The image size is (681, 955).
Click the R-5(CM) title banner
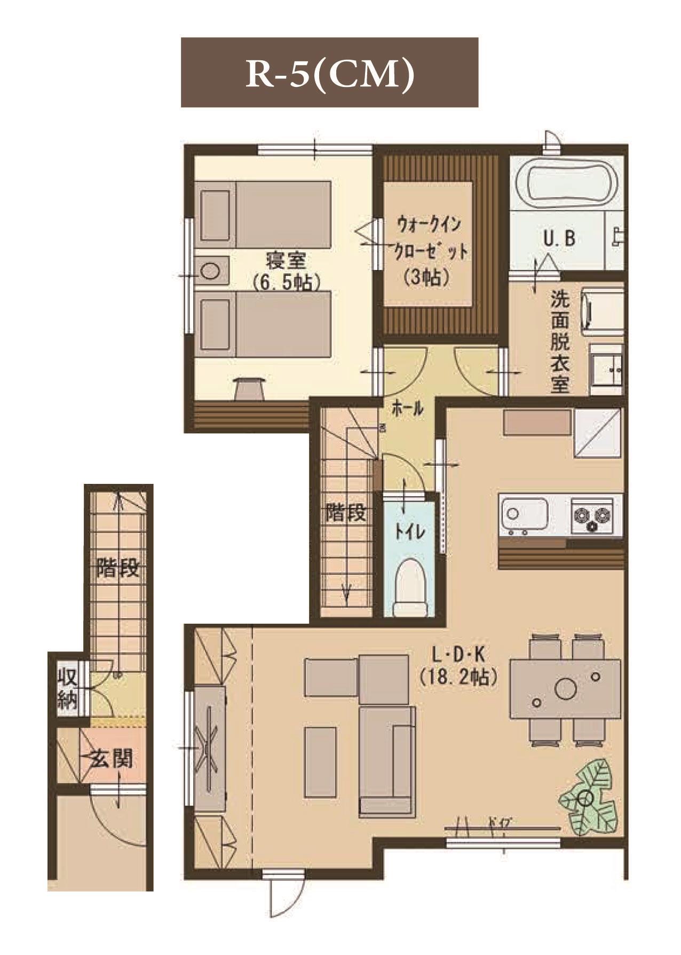tap(329, 73)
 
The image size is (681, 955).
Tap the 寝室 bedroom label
tap(286, 261)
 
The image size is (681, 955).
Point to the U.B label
tap(559, 238)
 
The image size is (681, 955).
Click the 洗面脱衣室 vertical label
tap(560, 341)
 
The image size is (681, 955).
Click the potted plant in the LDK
tap(588, 798)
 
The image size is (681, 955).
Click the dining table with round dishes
tap(565, 689)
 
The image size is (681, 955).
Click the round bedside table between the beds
tap(211, 270)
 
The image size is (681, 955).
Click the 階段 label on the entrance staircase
tap(118, 568)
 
